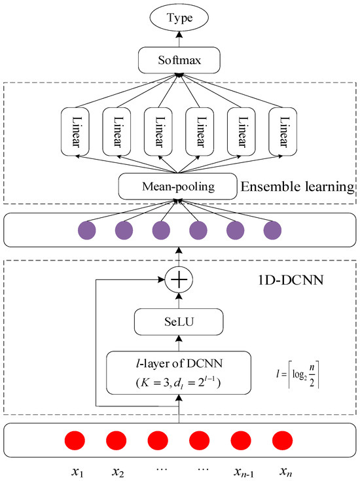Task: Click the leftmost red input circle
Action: point(75,438)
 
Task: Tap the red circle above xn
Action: point(281,438)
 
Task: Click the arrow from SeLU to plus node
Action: point(179,298)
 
